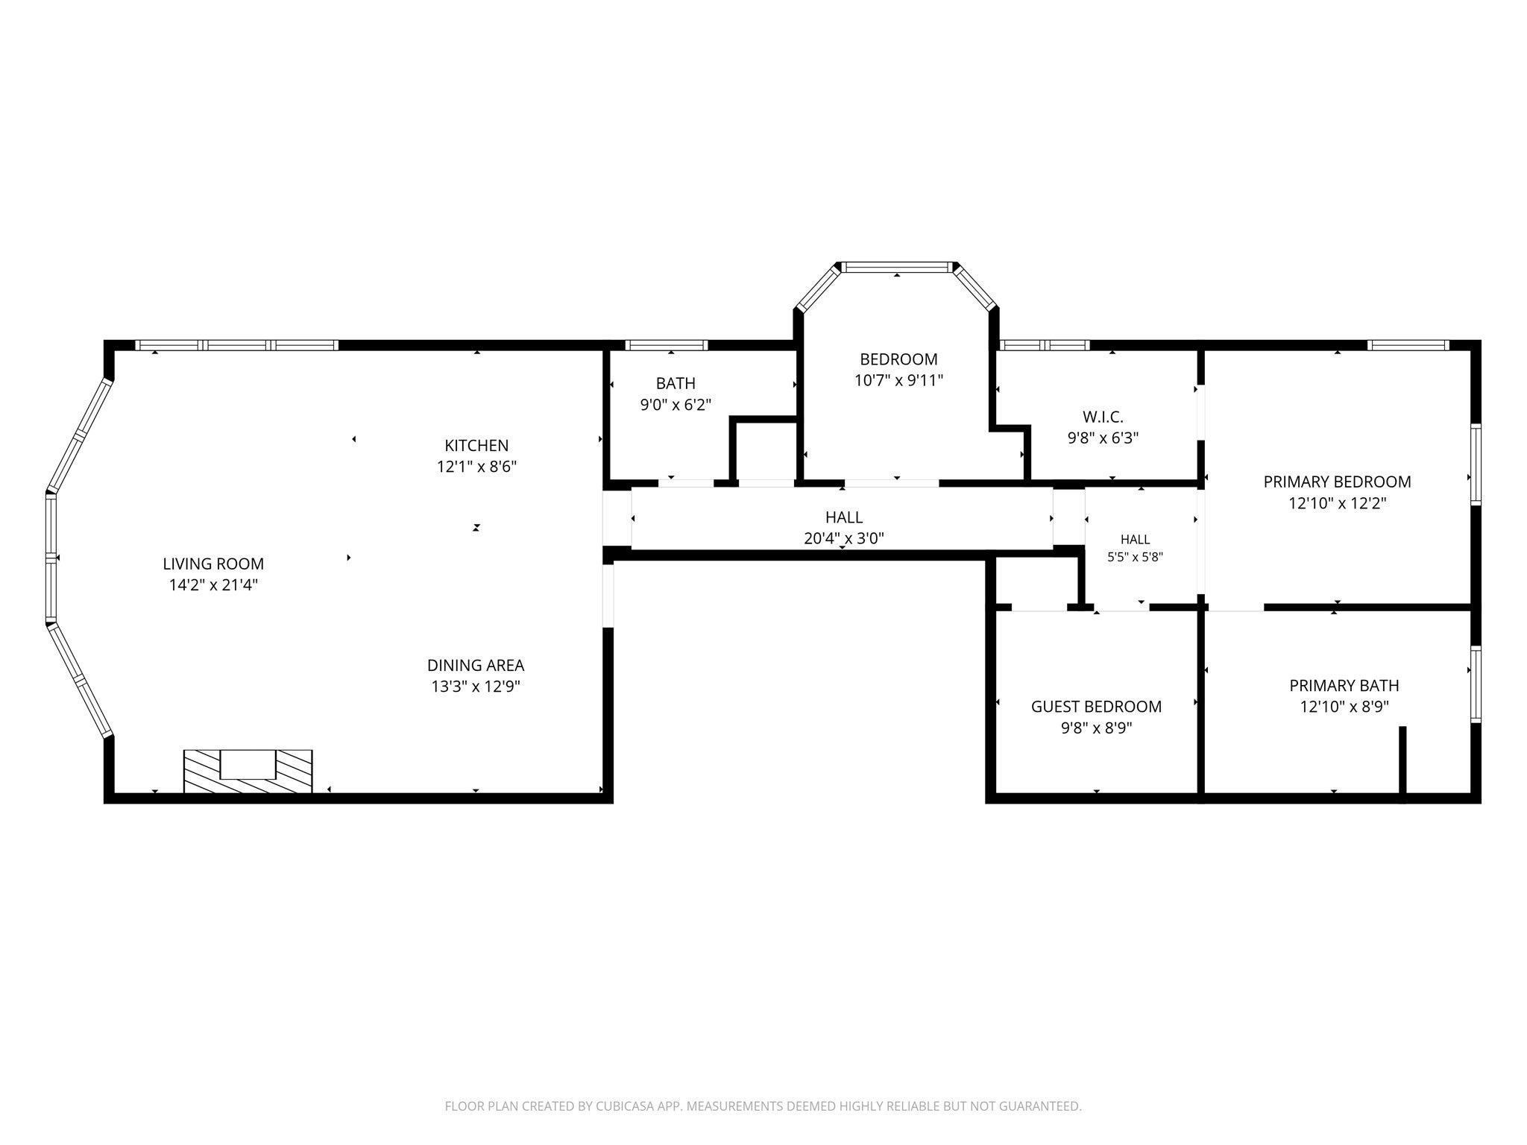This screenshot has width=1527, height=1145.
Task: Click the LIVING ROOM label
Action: pyautogui.click(x=213, y=564)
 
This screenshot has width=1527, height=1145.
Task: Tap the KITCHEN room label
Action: pyautogui.click(x=476, y=446)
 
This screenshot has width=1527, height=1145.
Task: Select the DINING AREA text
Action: pyautogui.click(x=476, y=665)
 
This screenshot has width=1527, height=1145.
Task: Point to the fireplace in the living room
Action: pyautogui.click(x=248, y=772)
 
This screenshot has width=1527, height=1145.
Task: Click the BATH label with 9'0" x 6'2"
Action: pyautogui.click(x=676, y=383)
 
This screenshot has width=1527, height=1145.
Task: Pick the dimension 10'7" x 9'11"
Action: pyautogui.click(x=898, y=381)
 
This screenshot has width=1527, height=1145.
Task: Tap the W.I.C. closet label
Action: pyautogui.click(x=1103, y=417)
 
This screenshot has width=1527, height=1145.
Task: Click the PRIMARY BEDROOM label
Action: pyautogui.click(x=1337, y=482)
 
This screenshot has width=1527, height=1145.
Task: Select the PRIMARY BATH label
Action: pyautogui.click(x=1344, y=685)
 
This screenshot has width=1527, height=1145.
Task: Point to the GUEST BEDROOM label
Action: pyautogui.click(x=1096, y=707)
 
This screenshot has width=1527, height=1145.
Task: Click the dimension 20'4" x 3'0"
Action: pyautogui.click(x=844, y=538)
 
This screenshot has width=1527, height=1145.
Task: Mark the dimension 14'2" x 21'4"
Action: pyautogui.click(x=213, y=585)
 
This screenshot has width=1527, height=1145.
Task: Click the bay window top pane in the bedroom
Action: pyautogui.click(x=897, y=267)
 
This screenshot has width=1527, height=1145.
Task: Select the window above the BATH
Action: pyautogui.click(x=666, y=345)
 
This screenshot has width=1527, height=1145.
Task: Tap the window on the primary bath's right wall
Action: pyautogui.click(x=1476, y=684)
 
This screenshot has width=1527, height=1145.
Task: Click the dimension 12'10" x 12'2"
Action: pyautogui.click(x=1337, y=503)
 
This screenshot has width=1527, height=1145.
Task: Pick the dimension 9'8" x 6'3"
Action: pyautogui.click(x=1103, y=438)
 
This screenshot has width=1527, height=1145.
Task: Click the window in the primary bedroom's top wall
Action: pyautogui.click(x=1408, y=345)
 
